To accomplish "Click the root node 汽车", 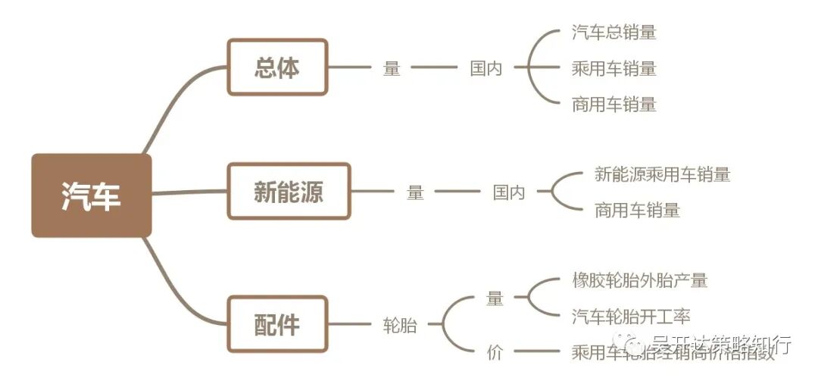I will [x=91, y=196].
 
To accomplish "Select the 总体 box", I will [x=277, y=67].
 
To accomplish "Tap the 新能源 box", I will [x=289, y=192].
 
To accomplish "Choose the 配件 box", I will [x=277, y=324].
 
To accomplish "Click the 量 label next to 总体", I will [x=392, y=68].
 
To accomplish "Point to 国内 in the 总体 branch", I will [x=485, y=68].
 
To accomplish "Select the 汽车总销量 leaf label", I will [x=613, y=33].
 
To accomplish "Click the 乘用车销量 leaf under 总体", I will [x=613, y=68].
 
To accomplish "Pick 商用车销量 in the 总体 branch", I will [x=613, y=105].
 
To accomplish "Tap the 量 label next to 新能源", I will [x=415, y=192].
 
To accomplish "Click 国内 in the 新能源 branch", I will [x=509, y=192].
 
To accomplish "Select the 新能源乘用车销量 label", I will [x=662, y=174].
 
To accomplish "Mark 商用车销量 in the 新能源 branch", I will [x=637, y=211].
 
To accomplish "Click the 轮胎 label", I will [x=399, y=326].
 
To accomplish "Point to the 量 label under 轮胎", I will [x=495, y=298].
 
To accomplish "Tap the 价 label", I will [x=495, y=352].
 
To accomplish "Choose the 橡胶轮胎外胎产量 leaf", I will [x=639, y=280].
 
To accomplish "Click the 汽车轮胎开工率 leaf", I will [x=631, y=317].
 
